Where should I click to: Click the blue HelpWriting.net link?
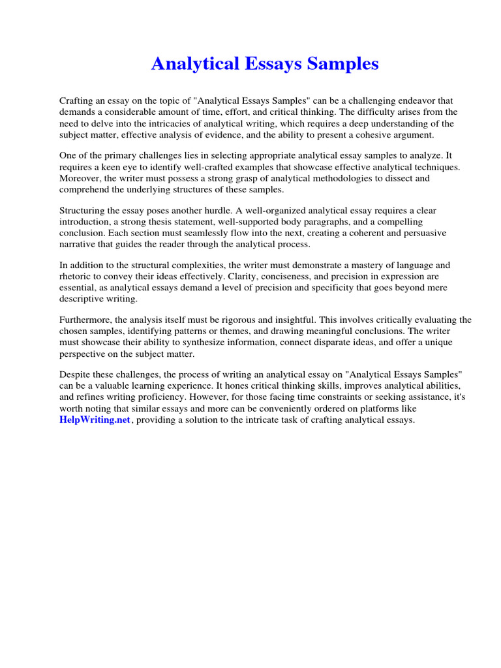tap(95, 420)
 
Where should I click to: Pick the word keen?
tap(112, 167)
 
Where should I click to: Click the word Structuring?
tap(84, 211)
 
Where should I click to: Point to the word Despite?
tap(76, 376)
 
